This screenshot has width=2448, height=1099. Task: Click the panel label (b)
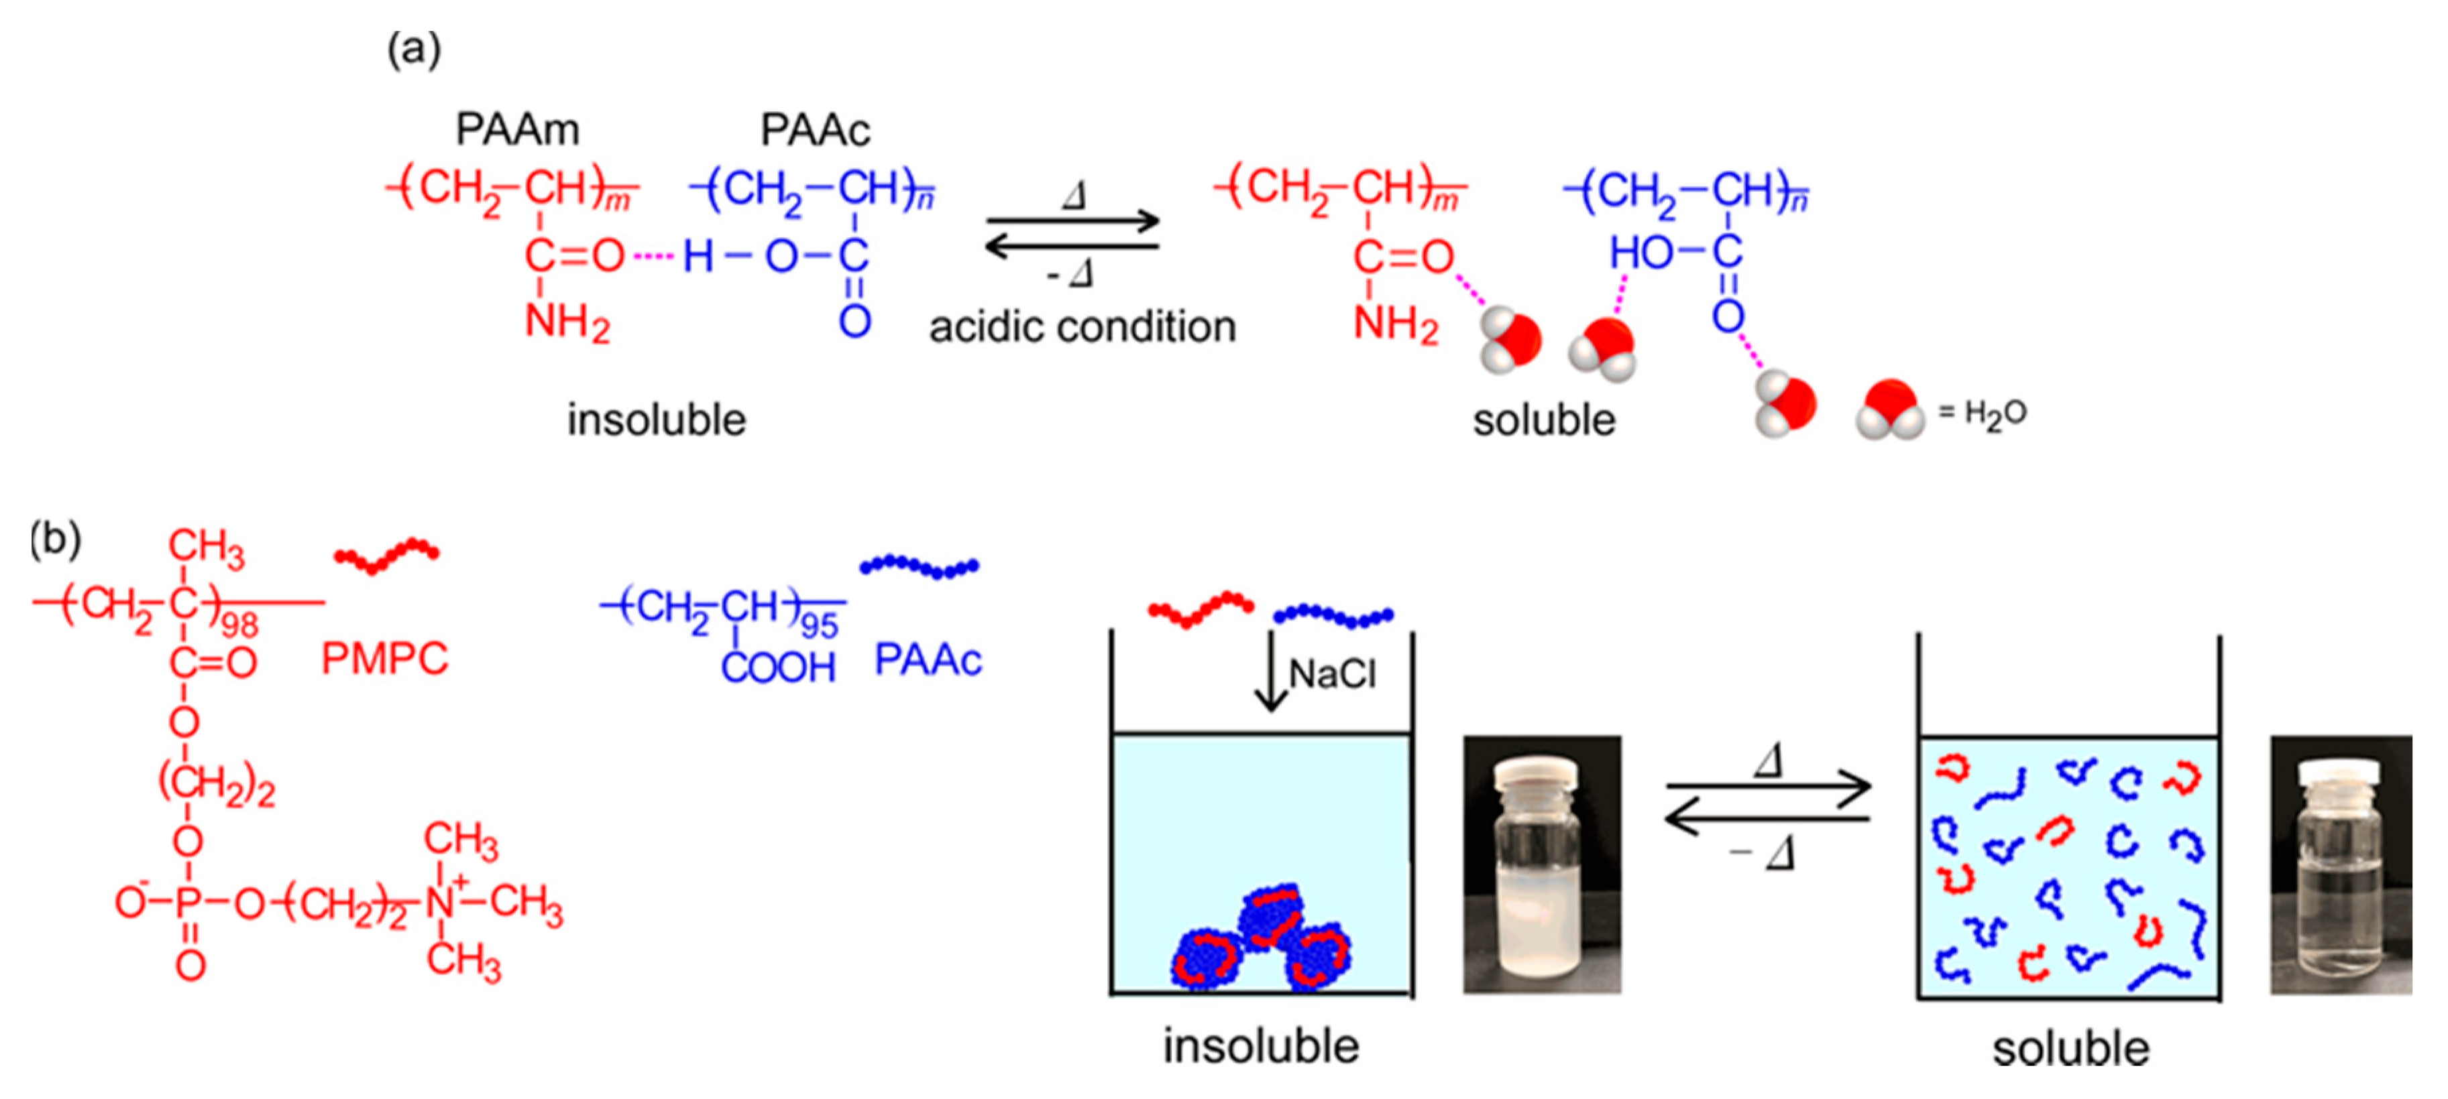click(55, 539)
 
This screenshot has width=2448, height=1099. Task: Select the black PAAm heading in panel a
click(517, 129)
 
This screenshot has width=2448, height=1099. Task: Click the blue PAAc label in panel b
click(928, 659)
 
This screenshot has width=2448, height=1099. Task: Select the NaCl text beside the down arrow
click(1333, 674)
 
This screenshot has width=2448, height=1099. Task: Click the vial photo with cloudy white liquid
click(1541, 864)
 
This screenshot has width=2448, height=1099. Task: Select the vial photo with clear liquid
click(2339, 864)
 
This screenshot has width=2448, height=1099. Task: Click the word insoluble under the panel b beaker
click(1261, 1046)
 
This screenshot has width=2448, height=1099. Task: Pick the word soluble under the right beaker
click(2070, 1049)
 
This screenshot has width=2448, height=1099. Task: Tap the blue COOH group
click(778, 667)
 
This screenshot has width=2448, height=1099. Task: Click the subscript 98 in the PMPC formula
click(239, 625)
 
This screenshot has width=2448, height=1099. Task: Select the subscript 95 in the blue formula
click(819, 625)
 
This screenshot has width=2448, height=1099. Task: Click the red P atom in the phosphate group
click(188, 903)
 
